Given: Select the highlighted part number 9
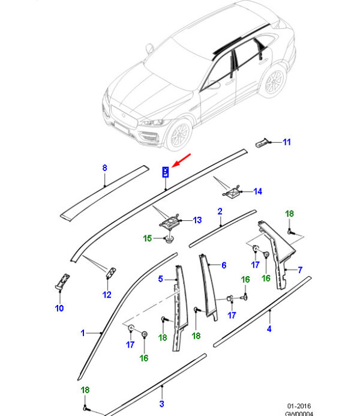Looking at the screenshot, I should pos(166,173).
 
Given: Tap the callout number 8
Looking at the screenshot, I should pos(104,168).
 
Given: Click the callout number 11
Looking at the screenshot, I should pos(286,142).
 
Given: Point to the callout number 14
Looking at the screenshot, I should pos(257,192).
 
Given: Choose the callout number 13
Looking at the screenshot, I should pos(197,221).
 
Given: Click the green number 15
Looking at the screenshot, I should pos(148,239).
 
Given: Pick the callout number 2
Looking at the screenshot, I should pos(220,211).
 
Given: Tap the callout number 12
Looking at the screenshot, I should pos(106,294).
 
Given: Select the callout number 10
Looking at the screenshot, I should pos(59,309).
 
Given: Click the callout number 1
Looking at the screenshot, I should pos(83,332).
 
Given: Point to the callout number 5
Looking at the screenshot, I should pos(160,279).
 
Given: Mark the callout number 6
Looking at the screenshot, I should pos(224,265).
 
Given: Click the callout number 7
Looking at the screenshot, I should pos(300,270).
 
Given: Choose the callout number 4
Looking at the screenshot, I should pos(269,328).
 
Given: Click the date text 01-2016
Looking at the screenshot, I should pos(298,406).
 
